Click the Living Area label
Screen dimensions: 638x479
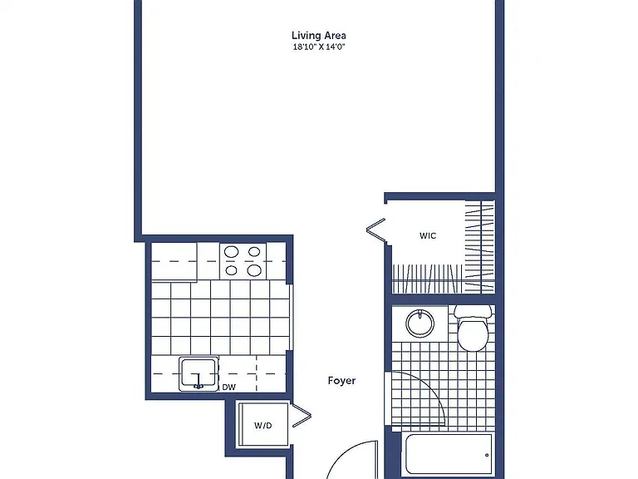[x=319, y=36]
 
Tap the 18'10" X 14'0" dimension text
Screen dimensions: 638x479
[x=319, y=47]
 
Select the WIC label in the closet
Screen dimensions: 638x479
[x=428, y=235]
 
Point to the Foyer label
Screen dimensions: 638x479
[x=341, y=380]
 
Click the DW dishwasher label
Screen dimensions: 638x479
[x=228, y=388]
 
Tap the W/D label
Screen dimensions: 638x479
[x=263, y=426]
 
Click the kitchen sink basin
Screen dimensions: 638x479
[x=199, y=373]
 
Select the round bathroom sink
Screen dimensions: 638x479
[x=420, y=323]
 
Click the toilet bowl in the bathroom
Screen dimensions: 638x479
[x=473, y=335]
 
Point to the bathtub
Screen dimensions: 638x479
[x=448, y=455]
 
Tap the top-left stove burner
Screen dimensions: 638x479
[x=232, y=252]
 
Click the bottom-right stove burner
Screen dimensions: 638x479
[x=254, y=270]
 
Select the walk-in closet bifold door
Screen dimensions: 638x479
[x=376, y=230]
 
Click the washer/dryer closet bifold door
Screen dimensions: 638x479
[x=302, y=416]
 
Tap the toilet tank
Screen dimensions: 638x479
[x=473, y=312]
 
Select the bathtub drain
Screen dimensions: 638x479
[x=487, y=455]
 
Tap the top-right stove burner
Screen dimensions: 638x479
[x=254, y=252]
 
